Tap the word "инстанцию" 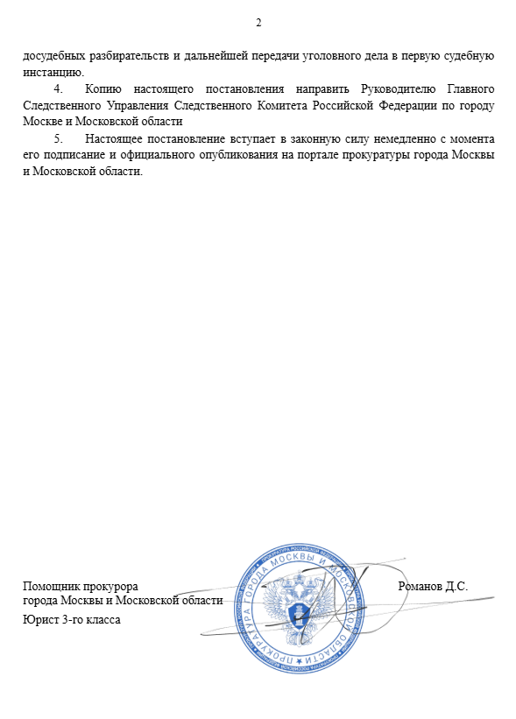(x=53, y=72)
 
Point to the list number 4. (x=58, y=89)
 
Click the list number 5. (x=58, y=139)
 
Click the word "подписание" (x=67, y=156)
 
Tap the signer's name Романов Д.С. (x=433, y=586)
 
